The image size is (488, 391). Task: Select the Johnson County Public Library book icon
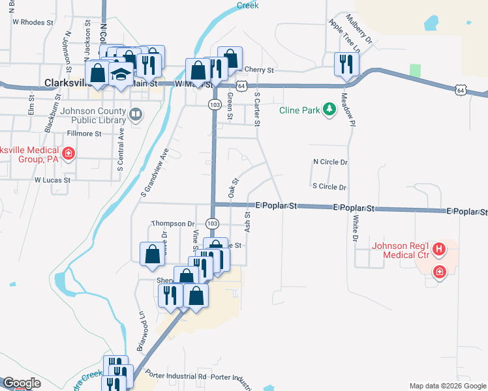tap(136, 115)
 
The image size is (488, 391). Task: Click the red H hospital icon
tap(440, 248)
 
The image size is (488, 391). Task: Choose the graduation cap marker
tap(120, 74)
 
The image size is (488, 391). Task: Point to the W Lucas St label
tap(52, 179)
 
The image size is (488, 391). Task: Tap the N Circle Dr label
tap(330, 162)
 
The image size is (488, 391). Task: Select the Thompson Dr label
tap(173, 224)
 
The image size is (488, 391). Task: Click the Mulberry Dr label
tap(359, 29)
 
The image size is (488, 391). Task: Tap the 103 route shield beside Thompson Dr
tap(212, 223)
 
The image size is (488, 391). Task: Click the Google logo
tap(21, 384)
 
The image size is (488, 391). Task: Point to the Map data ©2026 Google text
tap(448, 386)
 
